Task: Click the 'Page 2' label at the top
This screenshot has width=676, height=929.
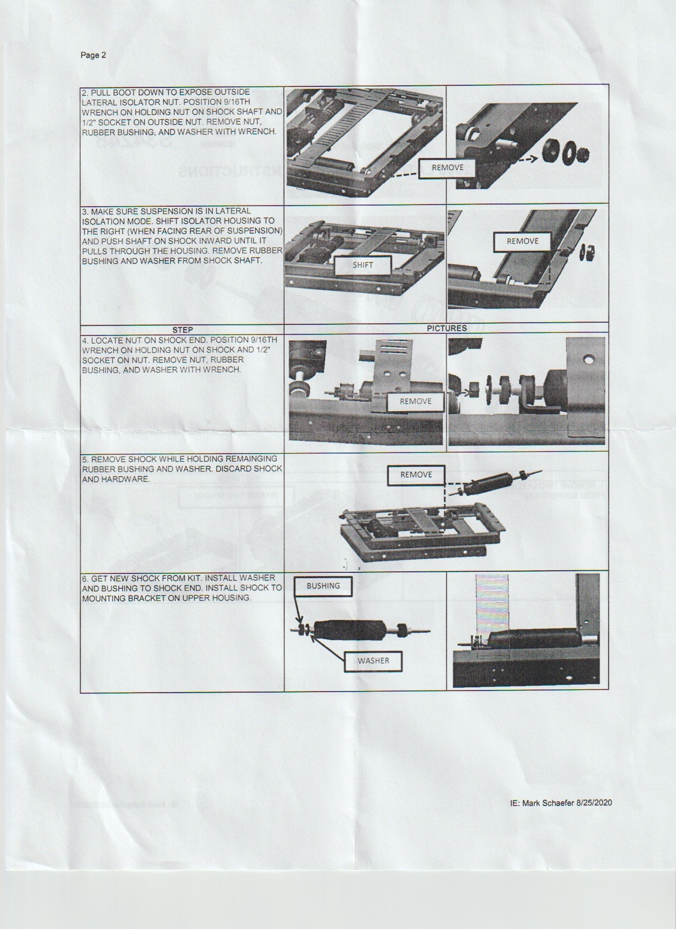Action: (x=93, y=55)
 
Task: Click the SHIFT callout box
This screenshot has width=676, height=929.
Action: (x=363, y=265)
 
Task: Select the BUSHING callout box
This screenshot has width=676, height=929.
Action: (x=323, y=586)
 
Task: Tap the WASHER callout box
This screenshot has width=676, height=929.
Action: (x=373, y=661)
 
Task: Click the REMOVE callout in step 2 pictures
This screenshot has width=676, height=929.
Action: (x=447, y=167)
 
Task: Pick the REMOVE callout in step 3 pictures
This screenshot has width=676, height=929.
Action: (x=522, y=241)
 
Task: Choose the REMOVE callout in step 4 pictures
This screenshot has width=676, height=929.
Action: (x=416, y=401)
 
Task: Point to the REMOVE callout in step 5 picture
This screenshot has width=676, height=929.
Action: (x=416, y=474)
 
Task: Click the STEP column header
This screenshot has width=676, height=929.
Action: (x=182, y=330)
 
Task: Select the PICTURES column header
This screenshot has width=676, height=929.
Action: (x=447, y=328)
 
